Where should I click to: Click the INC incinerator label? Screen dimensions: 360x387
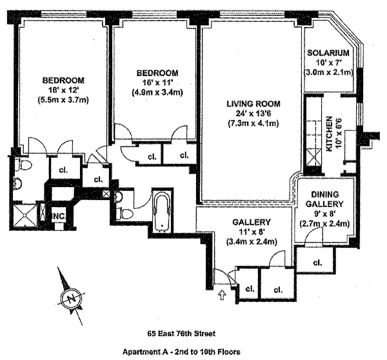[59, 215]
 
